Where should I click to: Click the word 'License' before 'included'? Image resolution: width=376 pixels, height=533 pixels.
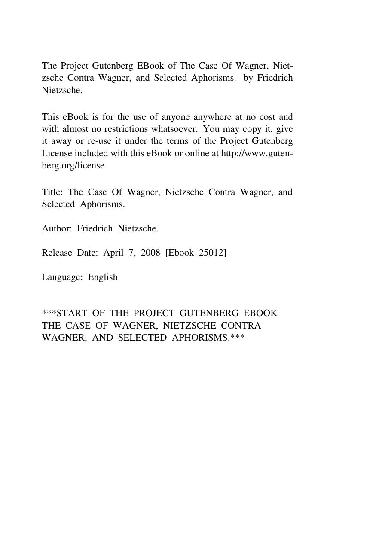pos(57,153)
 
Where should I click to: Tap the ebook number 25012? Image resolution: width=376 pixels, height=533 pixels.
pos(210,253)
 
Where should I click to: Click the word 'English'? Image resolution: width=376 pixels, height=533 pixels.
pos(103,277)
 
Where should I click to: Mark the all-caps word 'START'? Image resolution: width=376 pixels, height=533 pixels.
pos(71,313)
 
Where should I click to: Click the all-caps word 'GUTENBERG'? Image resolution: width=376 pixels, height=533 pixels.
pos(209,313)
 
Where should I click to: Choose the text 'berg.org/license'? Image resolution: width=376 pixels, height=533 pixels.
pos(73,165)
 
